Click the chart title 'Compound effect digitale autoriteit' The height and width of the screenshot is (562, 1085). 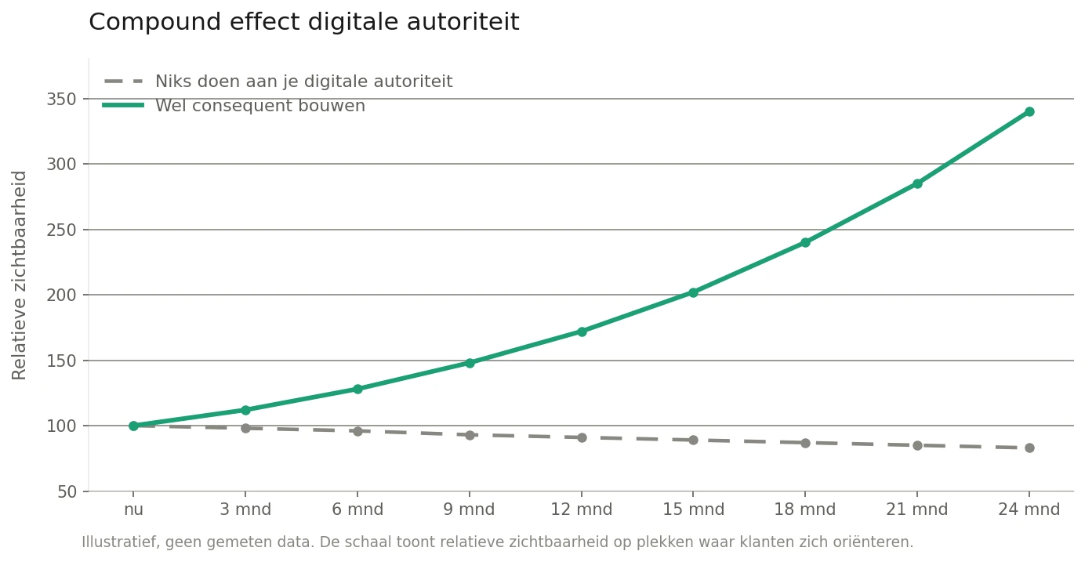point(303,23)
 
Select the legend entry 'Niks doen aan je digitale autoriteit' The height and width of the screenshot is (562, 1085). point(303,82)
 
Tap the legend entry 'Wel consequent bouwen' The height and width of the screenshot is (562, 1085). point(259,106)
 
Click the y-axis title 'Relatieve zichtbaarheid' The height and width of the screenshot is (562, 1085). point(20,274)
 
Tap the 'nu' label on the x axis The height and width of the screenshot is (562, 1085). point(133,509)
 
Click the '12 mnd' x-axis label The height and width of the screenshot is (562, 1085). point(581,509)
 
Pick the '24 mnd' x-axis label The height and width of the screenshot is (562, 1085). point(1029,509)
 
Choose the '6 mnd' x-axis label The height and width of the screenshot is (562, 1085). point(357,509)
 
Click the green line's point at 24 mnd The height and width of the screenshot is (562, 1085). point(1029,111)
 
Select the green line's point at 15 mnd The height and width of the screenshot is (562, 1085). point(693,292)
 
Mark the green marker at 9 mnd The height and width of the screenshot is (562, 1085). point(470,363)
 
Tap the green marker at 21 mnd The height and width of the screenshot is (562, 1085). point(917,183)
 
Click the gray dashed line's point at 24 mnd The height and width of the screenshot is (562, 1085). point(1029,448)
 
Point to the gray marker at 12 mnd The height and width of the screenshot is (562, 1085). point(582,437)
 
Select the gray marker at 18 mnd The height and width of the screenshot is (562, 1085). point(805,443)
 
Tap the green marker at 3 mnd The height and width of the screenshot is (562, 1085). point(245,410)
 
